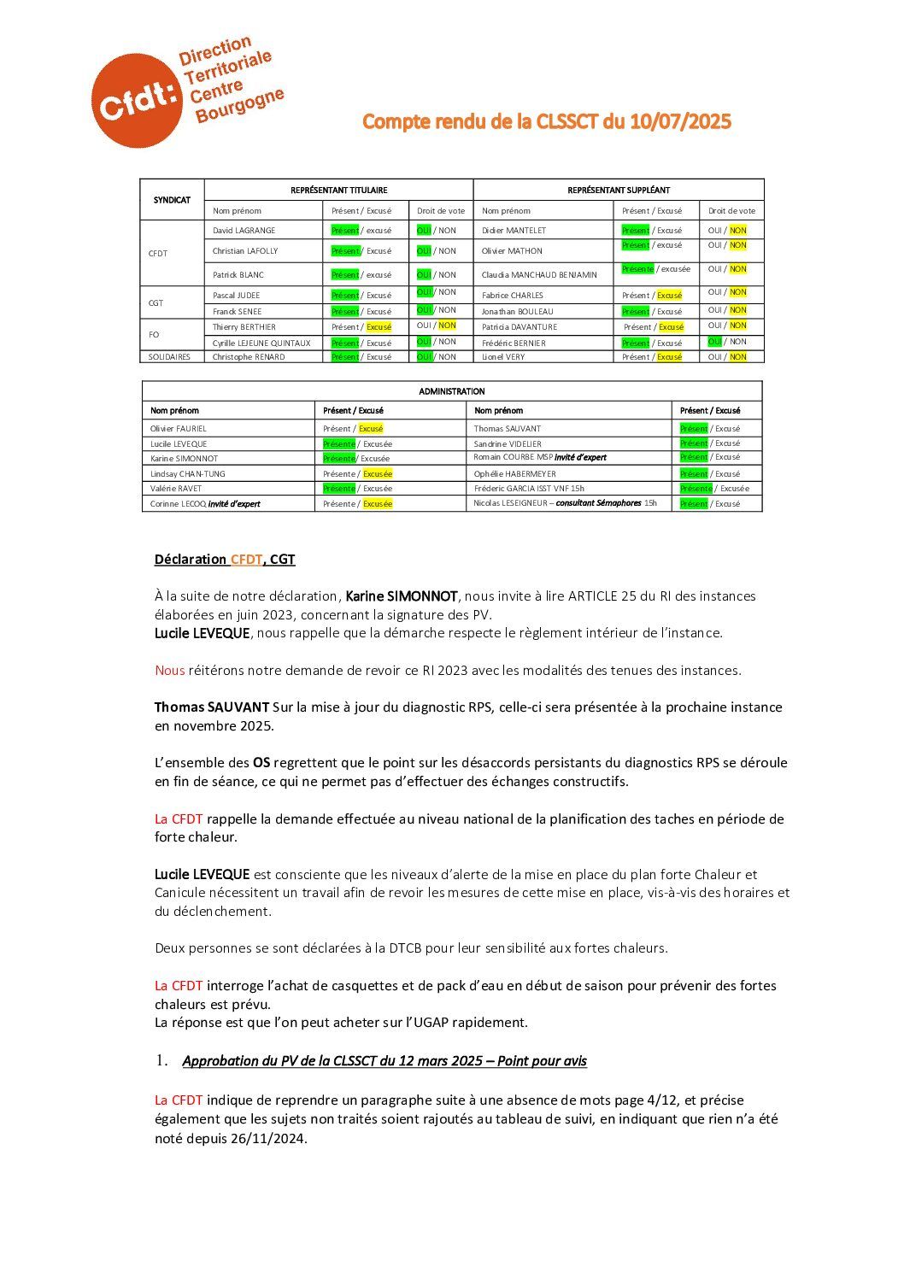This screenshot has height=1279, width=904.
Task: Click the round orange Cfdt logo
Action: pos(136,100)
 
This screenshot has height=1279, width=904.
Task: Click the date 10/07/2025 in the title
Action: pos(680,122)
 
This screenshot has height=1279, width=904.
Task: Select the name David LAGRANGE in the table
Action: pos(244,231)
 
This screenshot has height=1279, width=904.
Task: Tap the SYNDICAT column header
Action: pos(172,200)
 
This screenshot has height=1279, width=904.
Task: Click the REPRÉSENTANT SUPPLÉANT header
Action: pos(618,190)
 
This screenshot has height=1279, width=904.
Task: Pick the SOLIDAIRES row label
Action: pos(170,357)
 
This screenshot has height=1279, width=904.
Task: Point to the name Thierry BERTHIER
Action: pos(244,327)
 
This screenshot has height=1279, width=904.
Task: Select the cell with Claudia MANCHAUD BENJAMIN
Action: pos(539,275)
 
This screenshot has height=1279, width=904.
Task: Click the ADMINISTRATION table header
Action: pos(452,391)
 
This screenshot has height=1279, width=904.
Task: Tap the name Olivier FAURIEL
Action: pos(179,429)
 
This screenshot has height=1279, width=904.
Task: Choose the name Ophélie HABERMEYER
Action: pos(514,474)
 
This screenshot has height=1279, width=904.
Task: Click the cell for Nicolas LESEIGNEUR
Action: pos(566,503)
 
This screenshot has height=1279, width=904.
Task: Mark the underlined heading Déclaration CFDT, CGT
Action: pos(225,560)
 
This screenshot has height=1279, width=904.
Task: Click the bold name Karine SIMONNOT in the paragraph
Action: pos(402,596)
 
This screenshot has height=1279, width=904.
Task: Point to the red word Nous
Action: pos(169,671)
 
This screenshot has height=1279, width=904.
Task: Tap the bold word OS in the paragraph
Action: pos(261,763)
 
